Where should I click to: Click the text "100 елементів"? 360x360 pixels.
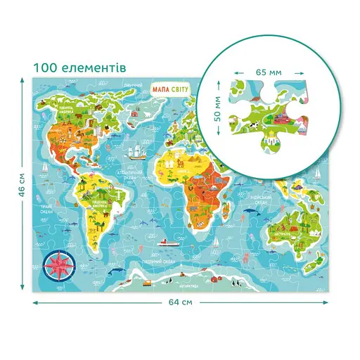pos(79,68)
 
